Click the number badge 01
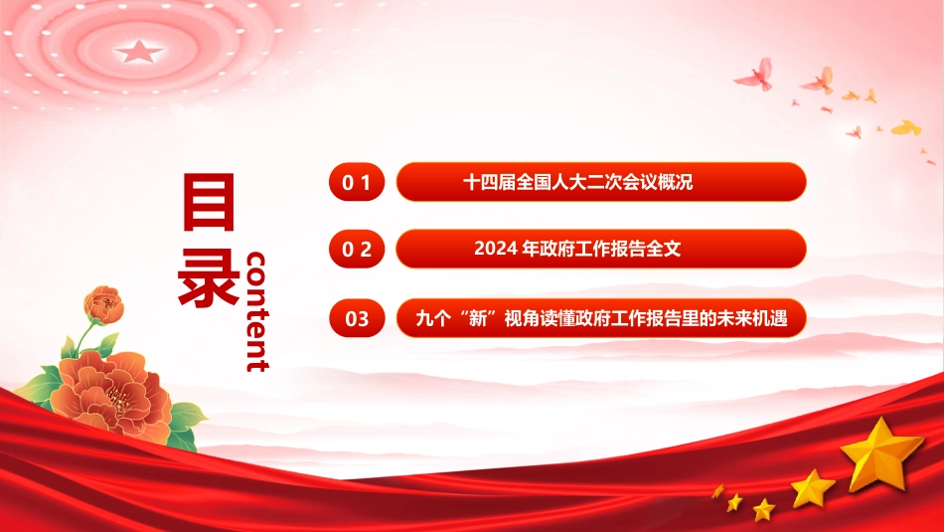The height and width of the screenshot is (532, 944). click(x=357, y=182)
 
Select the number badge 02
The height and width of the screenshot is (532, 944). click(x=357, y=249)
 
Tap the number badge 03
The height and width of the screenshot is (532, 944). click(x=357, y=318)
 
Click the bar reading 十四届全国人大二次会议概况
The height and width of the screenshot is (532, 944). click(x=601, y=182)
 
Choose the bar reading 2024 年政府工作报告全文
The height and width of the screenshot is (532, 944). click(x=601, y=249)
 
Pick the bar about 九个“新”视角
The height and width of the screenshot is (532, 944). click(x=601, y=318)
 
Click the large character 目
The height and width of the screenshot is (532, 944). click(x=209, y=203)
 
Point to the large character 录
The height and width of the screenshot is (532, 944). click(x=209, y=276)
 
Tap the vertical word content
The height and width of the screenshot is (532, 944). click(x=257, y=311)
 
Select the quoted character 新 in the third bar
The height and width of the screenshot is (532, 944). click(x=477, y=318)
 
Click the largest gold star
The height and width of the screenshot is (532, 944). click(x=882, y=454)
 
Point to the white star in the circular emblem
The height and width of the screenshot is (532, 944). click(x=138, y=52)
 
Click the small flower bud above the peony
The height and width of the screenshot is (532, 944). click(x=104, y=305)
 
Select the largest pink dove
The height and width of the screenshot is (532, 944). click(x=755, y=76)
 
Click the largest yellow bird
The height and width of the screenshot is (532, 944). click(x=906, y=127)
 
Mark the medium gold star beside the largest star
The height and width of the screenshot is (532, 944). click(x=812, y=488)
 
